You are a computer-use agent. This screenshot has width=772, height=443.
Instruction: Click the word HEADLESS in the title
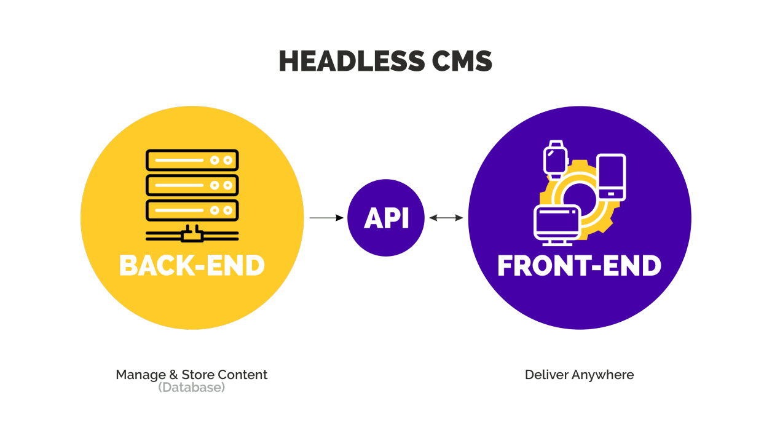click(x=351, y=61)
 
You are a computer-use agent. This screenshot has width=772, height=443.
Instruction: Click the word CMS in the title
click(x=462, y=61)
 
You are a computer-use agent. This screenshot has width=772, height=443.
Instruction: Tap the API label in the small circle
click(x=386, y=218)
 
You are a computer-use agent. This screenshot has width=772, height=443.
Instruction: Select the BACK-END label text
click(x=192, y=266)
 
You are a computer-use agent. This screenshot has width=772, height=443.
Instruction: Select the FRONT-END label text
click(x=579, y=266)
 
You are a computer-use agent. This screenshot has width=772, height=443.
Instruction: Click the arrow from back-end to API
click(x=326, y=218)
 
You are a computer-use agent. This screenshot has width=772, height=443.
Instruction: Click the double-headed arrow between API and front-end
click(x=446, y=218)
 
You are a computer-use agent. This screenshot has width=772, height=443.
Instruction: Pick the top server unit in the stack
click(x=192, y=160)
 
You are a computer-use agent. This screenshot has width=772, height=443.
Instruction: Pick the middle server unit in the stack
click(x=192, y=185)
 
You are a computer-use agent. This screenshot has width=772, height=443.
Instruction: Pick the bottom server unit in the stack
click(x=192, y=210)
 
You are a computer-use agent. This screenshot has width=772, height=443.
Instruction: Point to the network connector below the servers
click(x=192, y=234)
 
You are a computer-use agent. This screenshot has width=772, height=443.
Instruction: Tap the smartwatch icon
click(x=554, y=158)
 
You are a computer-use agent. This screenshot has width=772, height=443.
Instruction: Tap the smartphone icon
click(x=611, y=177)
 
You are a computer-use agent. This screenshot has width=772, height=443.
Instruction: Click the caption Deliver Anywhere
click(x=579, y=375)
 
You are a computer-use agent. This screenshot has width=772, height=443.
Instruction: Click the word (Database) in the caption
click(x=191, y=388)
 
